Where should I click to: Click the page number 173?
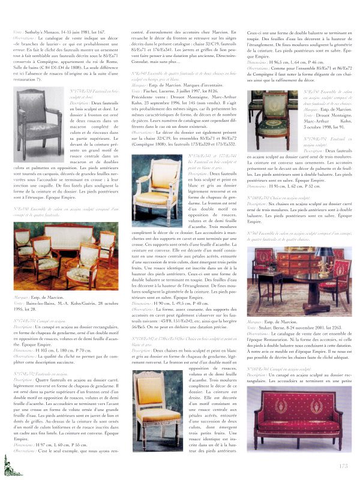click(343, 464)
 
